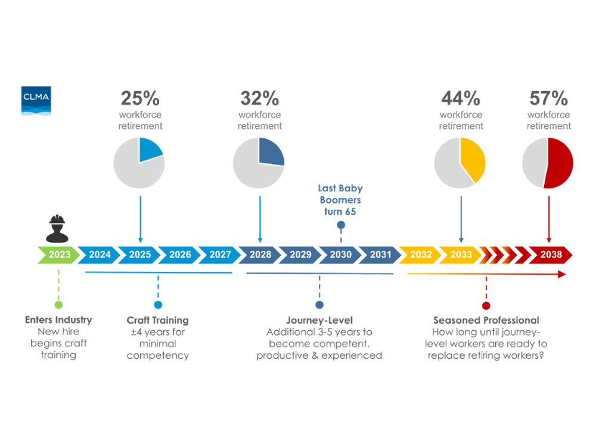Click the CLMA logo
click(x=36, y=101)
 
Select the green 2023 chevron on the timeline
click(x=59, y=254)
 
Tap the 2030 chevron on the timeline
click(x=340, y=254)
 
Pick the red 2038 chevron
click(x=551, y=254)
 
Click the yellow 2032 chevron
click(x=420, y=254)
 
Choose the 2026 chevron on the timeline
click(x=180, y=254)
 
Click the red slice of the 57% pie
click(x=560, y=163)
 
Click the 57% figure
click(x=548, y=98)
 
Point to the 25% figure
click(x=140, y=98)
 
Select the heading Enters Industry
click(x=58, y=319)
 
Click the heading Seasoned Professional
click(x=486, y=320)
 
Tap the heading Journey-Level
click(x=319, y=320)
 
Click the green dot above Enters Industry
click(x=58, y=305)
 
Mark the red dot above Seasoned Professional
click(x=486, y=306)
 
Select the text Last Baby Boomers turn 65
click(x=340, y=200)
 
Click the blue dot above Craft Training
click(x=158, y=305)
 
